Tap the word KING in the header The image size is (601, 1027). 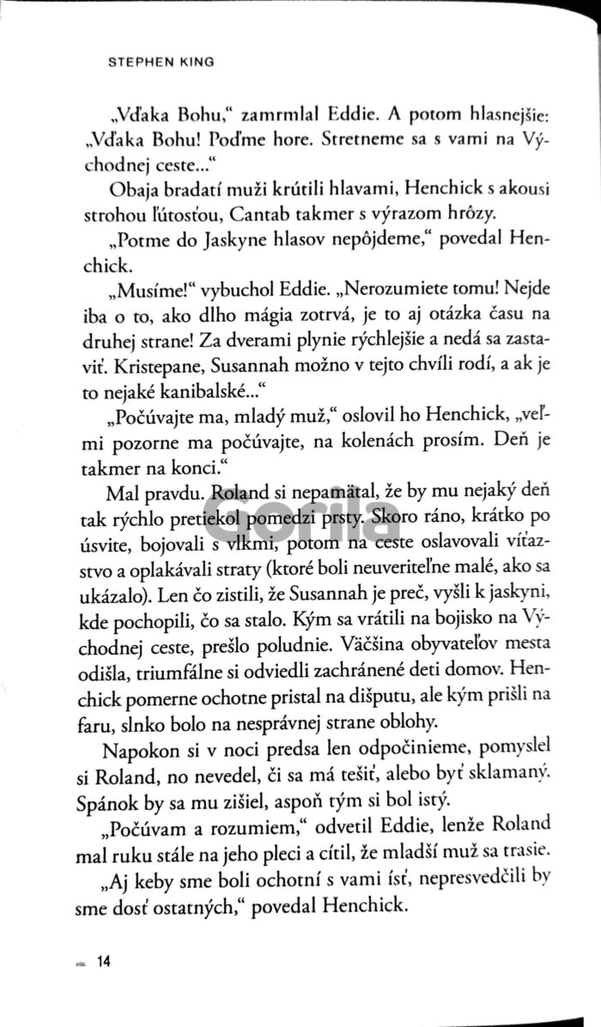pyautogui.click(x=197, y=64)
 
